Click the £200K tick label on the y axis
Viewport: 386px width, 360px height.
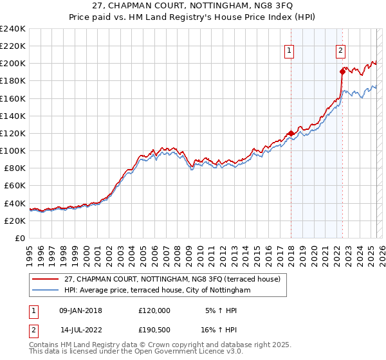12,64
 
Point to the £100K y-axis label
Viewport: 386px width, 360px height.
12,150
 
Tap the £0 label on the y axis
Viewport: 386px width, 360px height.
19,238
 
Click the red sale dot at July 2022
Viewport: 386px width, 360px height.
342,72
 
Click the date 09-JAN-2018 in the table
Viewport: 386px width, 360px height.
80,310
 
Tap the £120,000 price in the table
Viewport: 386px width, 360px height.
154,310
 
